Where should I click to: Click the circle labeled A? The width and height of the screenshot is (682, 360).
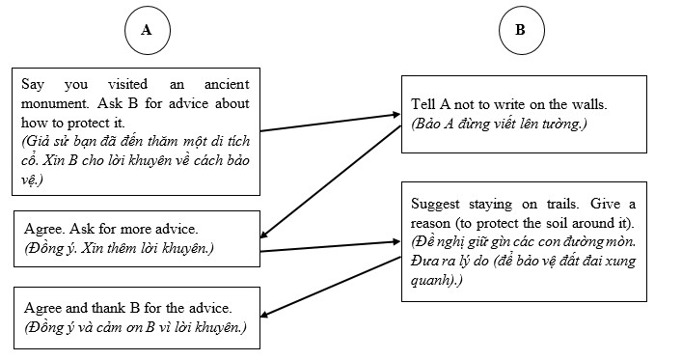tap(147, 30)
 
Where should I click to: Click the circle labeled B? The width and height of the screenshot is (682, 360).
tap(520, 30)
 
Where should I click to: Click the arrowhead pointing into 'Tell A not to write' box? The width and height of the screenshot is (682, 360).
tap(395, 116)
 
